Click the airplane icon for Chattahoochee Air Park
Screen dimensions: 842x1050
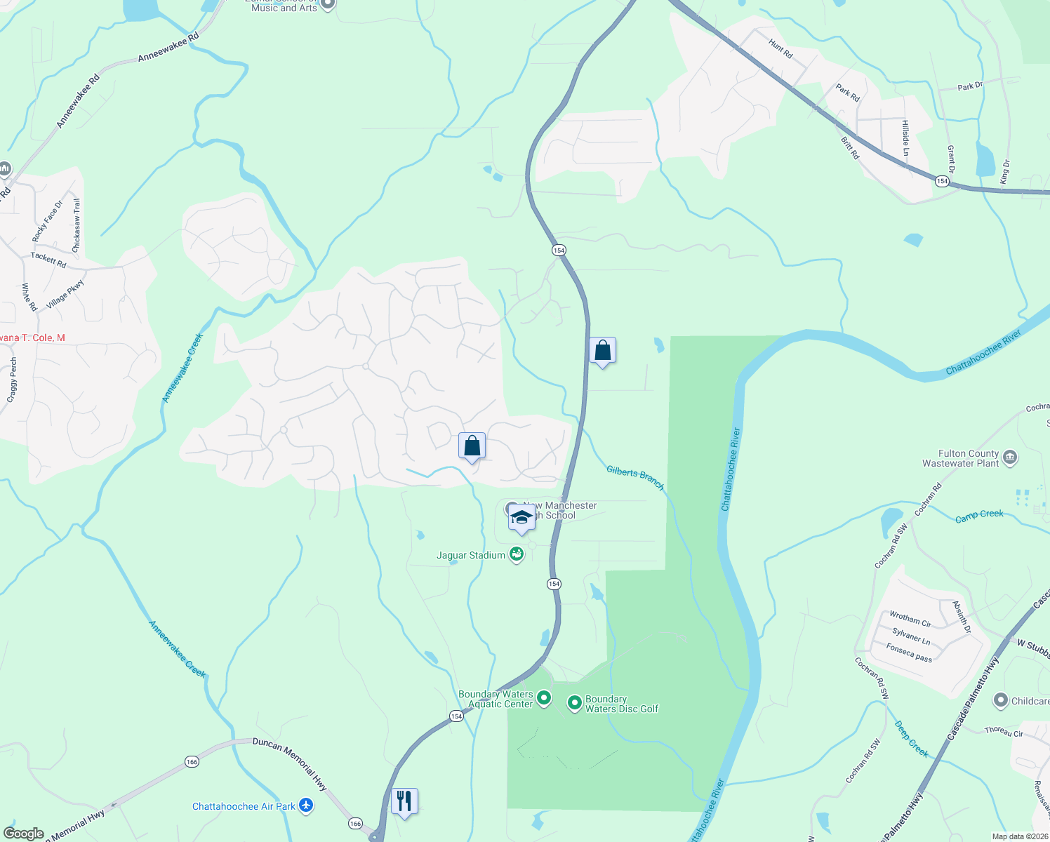pos(306,806)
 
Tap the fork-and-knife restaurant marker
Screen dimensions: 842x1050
pos(404,800)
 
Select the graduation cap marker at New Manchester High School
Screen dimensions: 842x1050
pos(521,518)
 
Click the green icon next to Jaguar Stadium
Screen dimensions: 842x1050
pos(517,555)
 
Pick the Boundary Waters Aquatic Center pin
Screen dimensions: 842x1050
pos(544,699)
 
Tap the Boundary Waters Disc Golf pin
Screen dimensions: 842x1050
pos(574,702)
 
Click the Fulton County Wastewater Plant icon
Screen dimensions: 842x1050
pos(1010,458)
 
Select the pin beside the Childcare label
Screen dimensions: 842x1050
pos(1001,700)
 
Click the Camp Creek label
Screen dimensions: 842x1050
pos(979,516)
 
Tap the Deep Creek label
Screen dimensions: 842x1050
pos(912,739)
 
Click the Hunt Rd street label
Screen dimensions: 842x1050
pos(780,48)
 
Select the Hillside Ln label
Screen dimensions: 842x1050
pos(905,138)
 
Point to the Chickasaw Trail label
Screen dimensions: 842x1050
pos(77,225)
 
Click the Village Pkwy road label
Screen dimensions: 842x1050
pos(65,295)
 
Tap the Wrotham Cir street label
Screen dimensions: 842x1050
pos(910,619)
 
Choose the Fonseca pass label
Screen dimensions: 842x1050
pos(909,653)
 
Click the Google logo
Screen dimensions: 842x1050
pos(23,834)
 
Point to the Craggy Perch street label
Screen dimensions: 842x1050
pos(12,380)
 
